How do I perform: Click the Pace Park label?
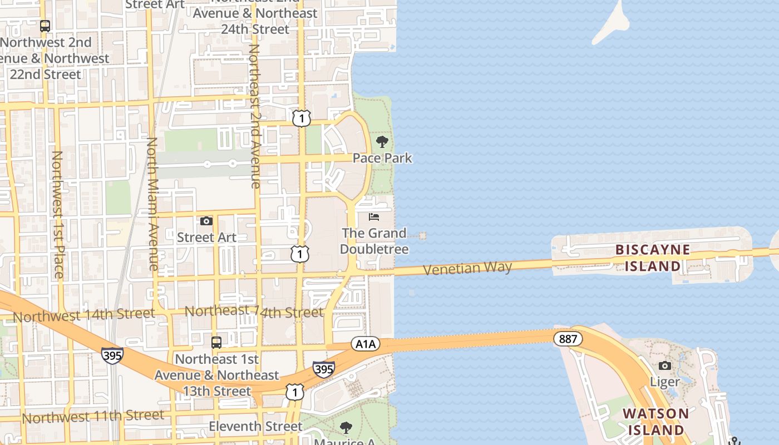tap(382, 158)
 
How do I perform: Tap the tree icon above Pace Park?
tap(382, 141)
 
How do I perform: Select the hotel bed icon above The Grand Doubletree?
tap(374, 216)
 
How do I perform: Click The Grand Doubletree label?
tap(374, 241)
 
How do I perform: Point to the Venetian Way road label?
tap(467, 268)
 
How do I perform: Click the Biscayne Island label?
tap(653, 258)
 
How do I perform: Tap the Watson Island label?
tap(655, 422)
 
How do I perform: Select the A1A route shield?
tap(366, 344)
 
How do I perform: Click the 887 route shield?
tap(568, 338)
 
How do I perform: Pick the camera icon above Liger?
tap(664, 365)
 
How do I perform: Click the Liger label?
tap(665, 382)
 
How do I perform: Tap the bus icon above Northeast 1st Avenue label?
tap(216, 342)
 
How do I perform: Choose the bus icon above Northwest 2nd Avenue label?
tap(45, 26)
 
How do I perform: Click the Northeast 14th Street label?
tap(254, 311)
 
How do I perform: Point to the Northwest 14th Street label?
tap(83, 315)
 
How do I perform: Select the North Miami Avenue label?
tap(152, 204)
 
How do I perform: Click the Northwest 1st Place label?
tap(57, 214)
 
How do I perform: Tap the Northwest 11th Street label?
tap(93, 416)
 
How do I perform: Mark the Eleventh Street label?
tap(255, 427)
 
